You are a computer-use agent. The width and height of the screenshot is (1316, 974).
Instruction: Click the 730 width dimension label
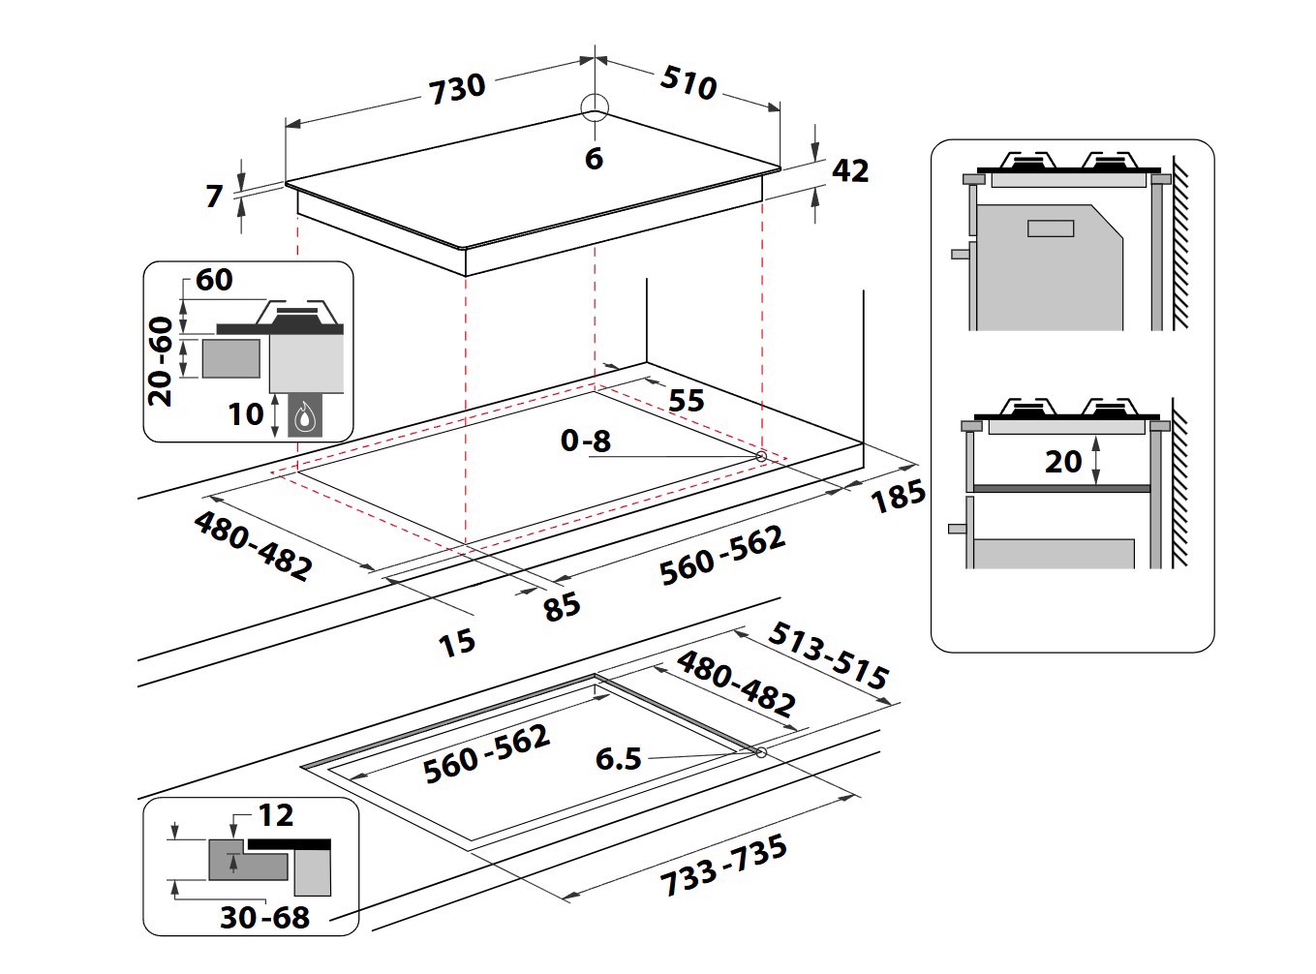tap(457, 87)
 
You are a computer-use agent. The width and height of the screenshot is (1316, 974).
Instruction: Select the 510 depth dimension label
tap(689, 83)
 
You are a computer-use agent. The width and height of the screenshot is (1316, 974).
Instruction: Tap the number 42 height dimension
tap(850, 170)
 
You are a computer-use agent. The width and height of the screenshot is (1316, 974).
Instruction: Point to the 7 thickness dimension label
tap(214, 196)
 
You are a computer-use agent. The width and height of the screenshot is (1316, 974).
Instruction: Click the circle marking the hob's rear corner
tap(595, 107)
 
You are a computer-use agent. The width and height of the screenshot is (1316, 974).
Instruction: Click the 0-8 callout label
tap(586, 441)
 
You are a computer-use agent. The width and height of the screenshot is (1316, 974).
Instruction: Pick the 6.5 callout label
tap(618, 758)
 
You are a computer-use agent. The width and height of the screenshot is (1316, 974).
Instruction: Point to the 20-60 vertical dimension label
tap(162, 361)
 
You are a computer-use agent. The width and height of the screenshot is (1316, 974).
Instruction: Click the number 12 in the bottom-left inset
tap(275, 815)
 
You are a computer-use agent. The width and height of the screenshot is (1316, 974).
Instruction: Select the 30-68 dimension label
tap(264, 917)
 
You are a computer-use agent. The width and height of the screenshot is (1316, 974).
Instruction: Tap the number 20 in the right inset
tap(1062, 461)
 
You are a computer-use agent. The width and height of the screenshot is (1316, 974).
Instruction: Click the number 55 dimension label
tap(686, 400)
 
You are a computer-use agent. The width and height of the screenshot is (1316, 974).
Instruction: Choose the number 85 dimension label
tap(561, 606)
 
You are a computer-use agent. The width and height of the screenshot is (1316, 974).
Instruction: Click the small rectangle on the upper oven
tap(1050, 229)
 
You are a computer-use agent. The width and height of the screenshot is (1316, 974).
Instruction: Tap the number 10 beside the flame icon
tap(245, 414)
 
